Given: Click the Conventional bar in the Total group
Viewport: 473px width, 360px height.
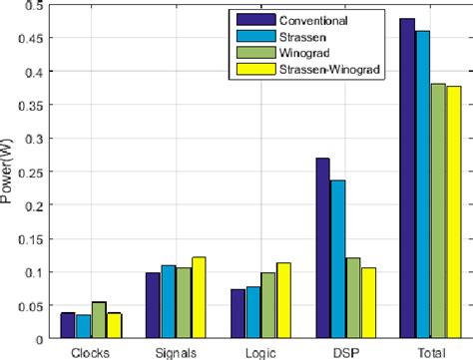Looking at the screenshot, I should tap(407, 179).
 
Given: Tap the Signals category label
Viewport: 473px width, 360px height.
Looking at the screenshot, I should tap(175, 351).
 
